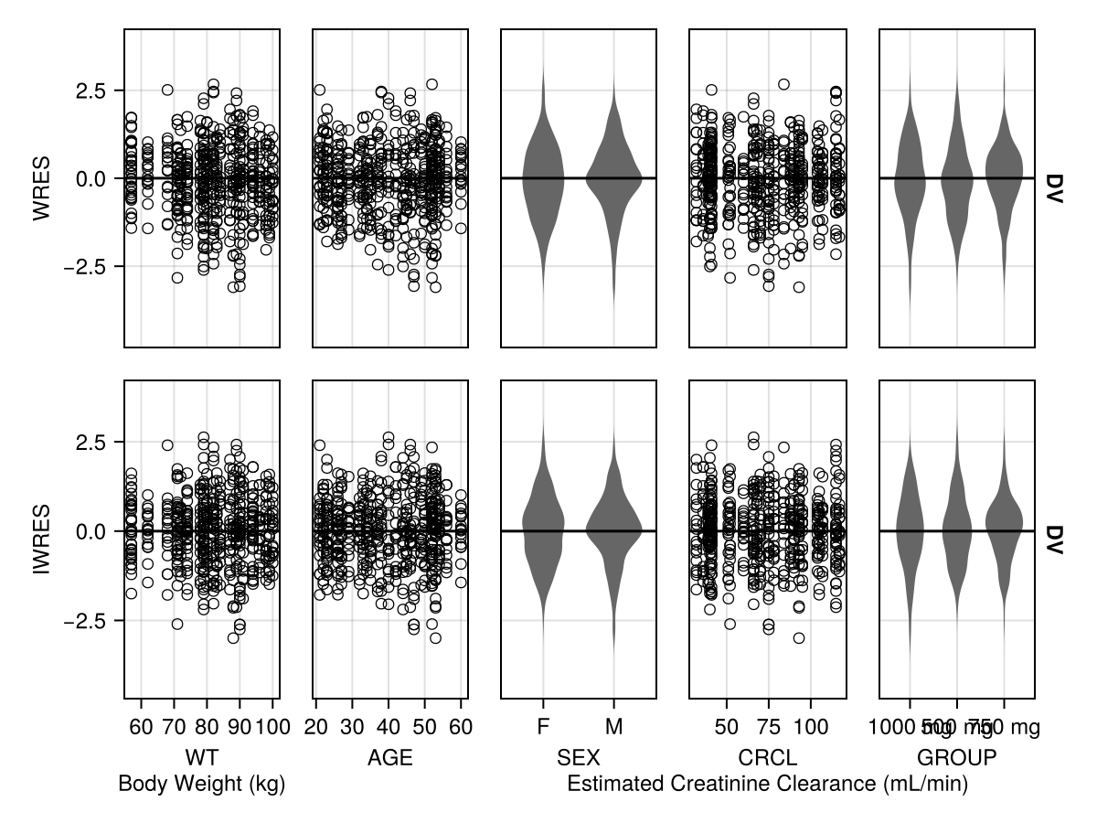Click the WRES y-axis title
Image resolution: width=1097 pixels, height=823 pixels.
click(40, 188)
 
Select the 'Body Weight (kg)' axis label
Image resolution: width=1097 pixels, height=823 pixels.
click(202, 785)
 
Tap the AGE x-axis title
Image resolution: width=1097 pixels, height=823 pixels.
click(390, 758)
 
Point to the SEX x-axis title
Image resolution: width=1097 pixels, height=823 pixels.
click(579, 758)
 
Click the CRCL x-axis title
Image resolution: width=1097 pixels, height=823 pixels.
click(768, 758)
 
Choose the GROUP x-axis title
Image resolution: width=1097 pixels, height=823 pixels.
click(957, 758)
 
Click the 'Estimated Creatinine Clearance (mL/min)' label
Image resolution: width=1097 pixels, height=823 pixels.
click(768, 785)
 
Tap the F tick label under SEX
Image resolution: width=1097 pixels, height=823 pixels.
click(543, 728)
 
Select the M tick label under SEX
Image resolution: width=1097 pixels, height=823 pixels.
click(614, 728)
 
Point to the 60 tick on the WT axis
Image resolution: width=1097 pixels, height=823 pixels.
click(141, 728)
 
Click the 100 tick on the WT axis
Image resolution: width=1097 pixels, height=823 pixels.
click(272, 728)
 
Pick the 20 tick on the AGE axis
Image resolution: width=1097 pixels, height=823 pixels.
click(315, 728)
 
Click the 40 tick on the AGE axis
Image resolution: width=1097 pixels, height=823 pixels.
click(389, 728)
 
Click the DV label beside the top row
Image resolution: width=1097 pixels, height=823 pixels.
click(1054, 188)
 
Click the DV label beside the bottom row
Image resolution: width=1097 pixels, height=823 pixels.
click(1054, 540)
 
